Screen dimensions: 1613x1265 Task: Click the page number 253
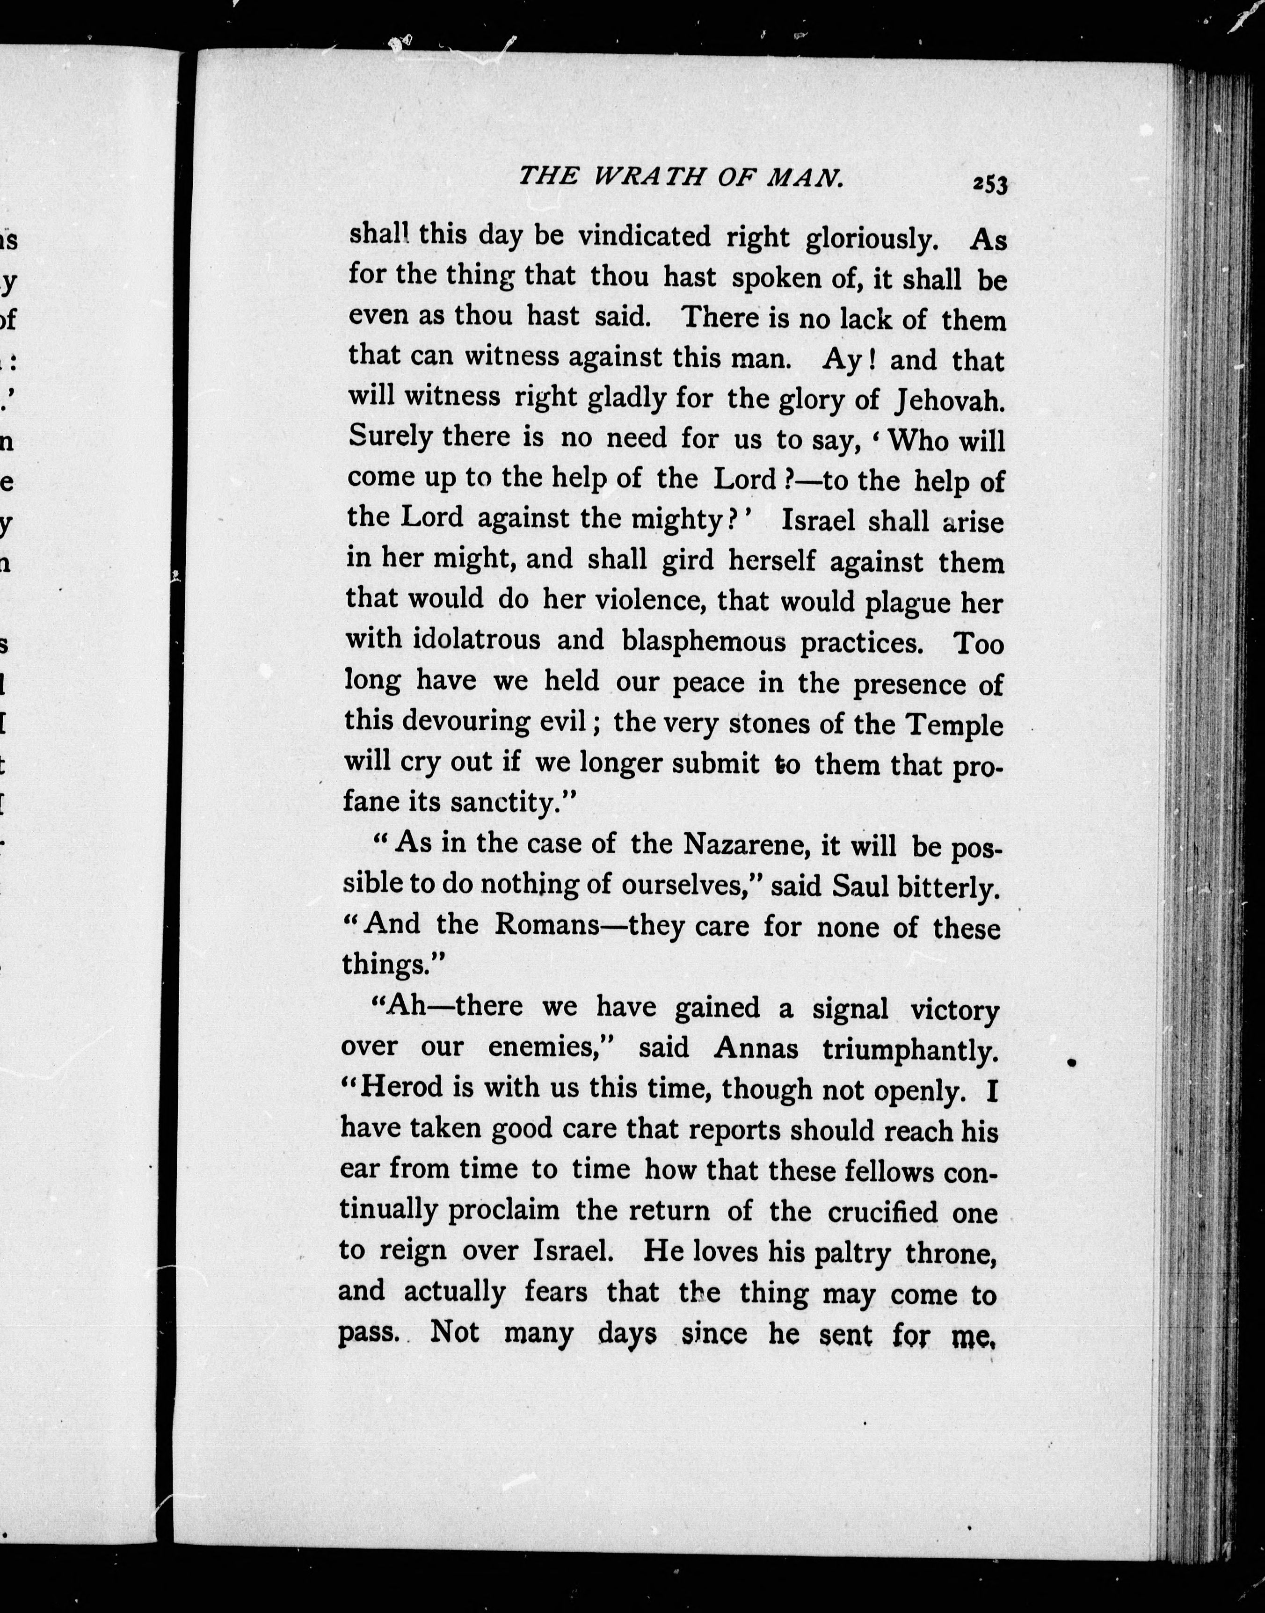990,184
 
